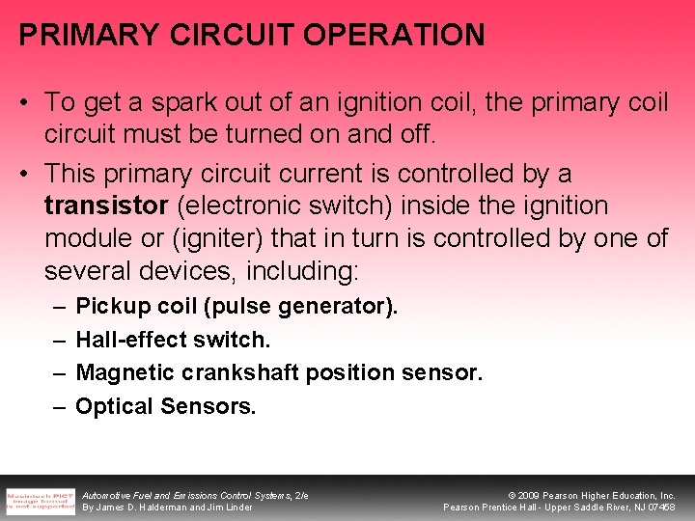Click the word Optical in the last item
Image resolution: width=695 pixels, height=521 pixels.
tap(114, 406)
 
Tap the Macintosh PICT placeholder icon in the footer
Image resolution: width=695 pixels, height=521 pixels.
tap(41, 499)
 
